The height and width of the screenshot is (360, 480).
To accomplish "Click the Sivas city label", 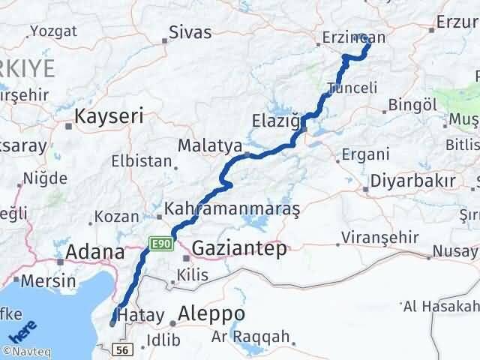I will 190,32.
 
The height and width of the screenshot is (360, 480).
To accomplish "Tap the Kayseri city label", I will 109,116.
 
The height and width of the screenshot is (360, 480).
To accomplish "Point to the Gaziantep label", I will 239,249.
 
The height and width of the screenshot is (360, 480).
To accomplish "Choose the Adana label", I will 95,252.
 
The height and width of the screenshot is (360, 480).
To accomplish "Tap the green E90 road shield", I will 161,244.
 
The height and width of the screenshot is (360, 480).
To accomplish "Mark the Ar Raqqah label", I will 250,337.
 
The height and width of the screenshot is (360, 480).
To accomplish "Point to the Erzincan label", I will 353,37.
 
